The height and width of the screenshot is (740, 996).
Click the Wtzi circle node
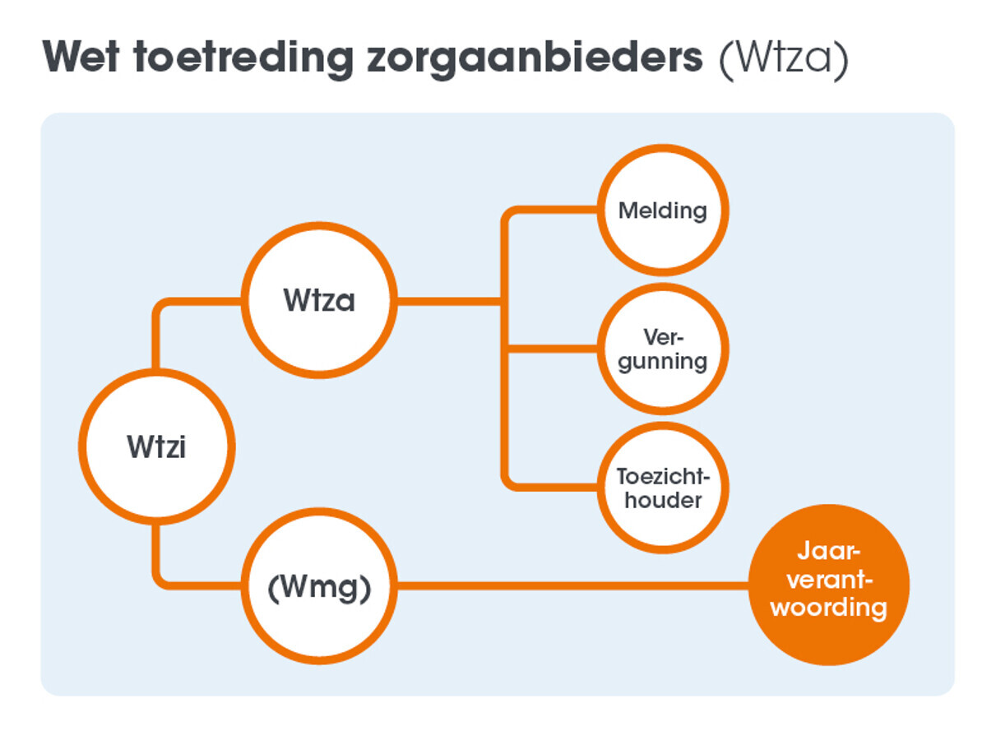156,446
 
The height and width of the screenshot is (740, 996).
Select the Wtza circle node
319,300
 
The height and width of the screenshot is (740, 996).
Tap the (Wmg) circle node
319,585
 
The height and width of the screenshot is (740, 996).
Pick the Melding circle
662,210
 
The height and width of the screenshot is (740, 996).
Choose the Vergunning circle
662,349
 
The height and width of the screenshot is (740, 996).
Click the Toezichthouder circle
662,488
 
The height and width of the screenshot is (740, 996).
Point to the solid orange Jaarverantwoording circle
829,584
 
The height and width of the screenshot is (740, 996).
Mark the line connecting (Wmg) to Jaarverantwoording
572,585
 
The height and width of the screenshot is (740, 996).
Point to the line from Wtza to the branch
448,301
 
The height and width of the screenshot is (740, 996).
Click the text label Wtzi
156,447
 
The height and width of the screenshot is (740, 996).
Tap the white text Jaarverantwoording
829,580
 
